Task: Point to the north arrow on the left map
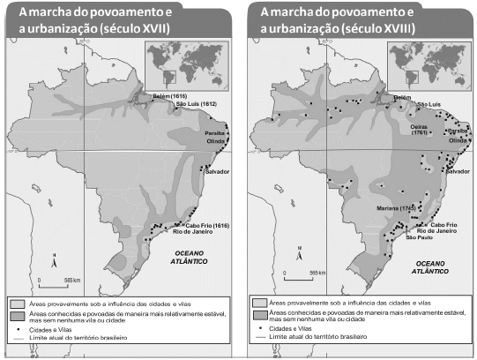coord(54,262)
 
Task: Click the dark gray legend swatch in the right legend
coord(261,316)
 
